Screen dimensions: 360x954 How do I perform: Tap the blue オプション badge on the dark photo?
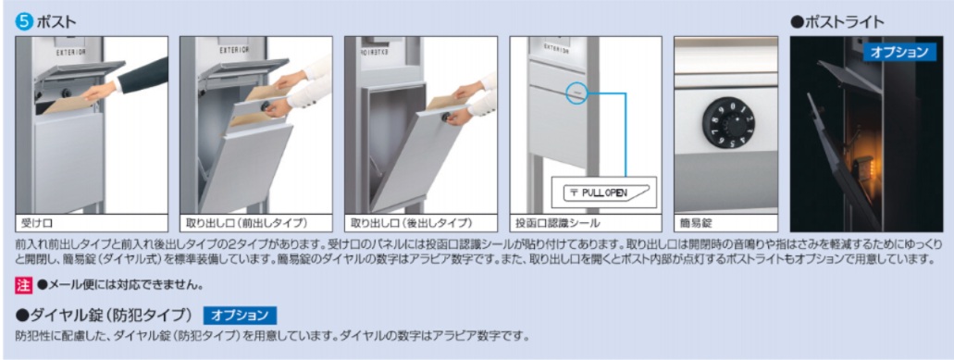(x=898, y=53)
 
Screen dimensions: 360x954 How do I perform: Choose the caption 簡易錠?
(x=696, y=223)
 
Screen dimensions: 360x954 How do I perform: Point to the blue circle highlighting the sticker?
(x=576, y=91)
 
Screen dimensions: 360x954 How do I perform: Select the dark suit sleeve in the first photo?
(x=139, y=75)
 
